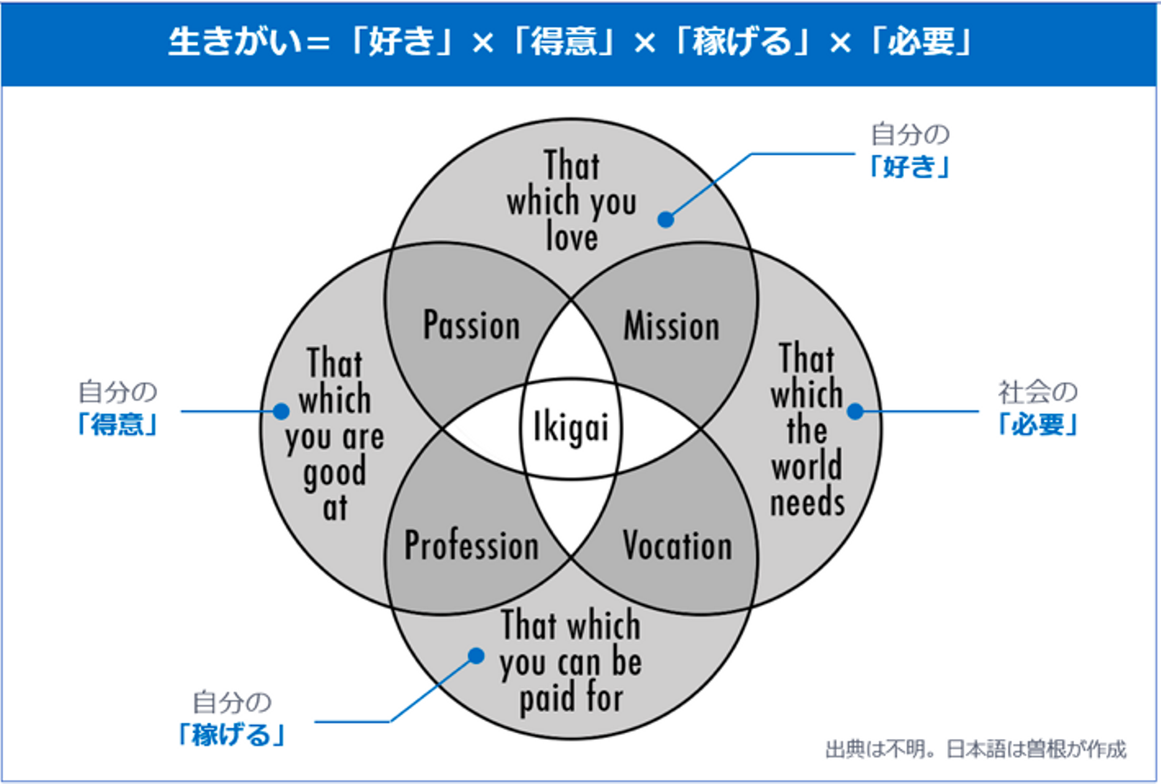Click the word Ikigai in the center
click(571, 427)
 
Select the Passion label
click(472, 326)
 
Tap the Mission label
click(671, 326)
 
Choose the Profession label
click(472, 545)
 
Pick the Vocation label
click(677, 545)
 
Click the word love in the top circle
click(572, 237)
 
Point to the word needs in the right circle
click(807, 503)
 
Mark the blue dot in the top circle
click(666, 219)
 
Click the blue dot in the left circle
click(281, 411)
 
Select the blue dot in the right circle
click(855, 411)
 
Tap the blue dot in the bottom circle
click(476, 656)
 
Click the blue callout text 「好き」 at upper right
click(909, 167)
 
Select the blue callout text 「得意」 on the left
click(118, 424)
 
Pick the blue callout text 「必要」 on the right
click(1038, 424)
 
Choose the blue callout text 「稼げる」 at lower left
click(231, 734)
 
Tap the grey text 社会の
click(1038, 392)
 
